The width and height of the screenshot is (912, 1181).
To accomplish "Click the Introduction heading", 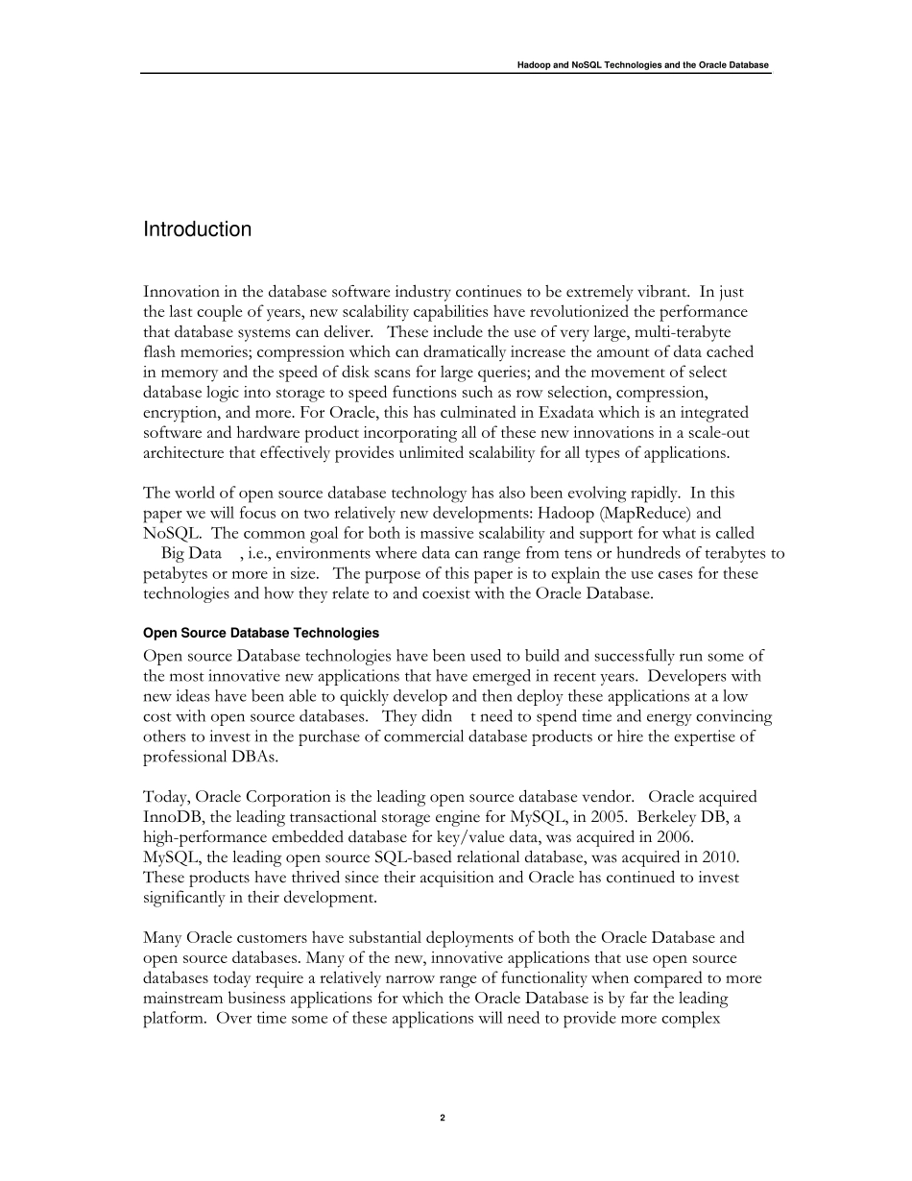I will tap(197, 229).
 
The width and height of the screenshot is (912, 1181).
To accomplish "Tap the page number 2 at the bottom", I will tap(442, 1118).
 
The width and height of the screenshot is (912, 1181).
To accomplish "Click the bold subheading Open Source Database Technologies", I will tap(260, 634).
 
